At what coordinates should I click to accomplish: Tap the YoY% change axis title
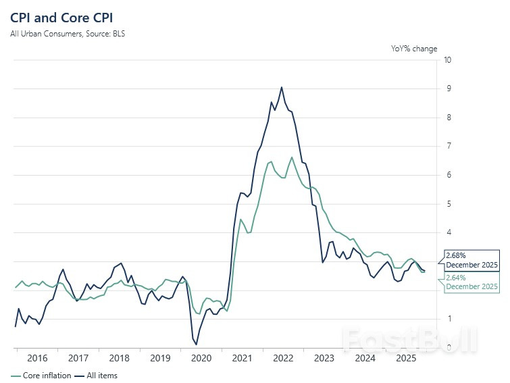point(414,49)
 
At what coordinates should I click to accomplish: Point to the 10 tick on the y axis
point(447,60)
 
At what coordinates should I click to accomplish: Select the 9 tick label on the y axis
point(447,88)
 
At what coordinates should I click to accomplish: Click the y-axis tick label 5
point(447,204)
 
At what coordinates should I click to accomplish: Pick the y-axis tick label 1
point(447,319)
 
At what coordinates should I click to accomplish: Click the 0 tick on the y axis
point(447,347)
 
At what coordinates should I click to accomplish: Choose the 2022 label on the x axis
point(282,358)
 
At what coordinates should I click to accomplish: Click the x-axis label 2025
point(405,358)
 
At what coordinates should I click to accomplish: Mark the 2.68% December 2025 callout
point(471,260)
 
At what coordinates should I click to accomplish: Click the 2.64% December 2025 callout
point(471,282)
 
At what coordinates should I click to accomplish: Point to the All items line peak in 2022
point(282,87)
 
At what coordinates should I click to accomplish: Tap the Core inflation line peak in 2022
point(292,157)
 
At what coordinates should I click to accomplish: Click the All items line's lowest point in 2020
point(196,344)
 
